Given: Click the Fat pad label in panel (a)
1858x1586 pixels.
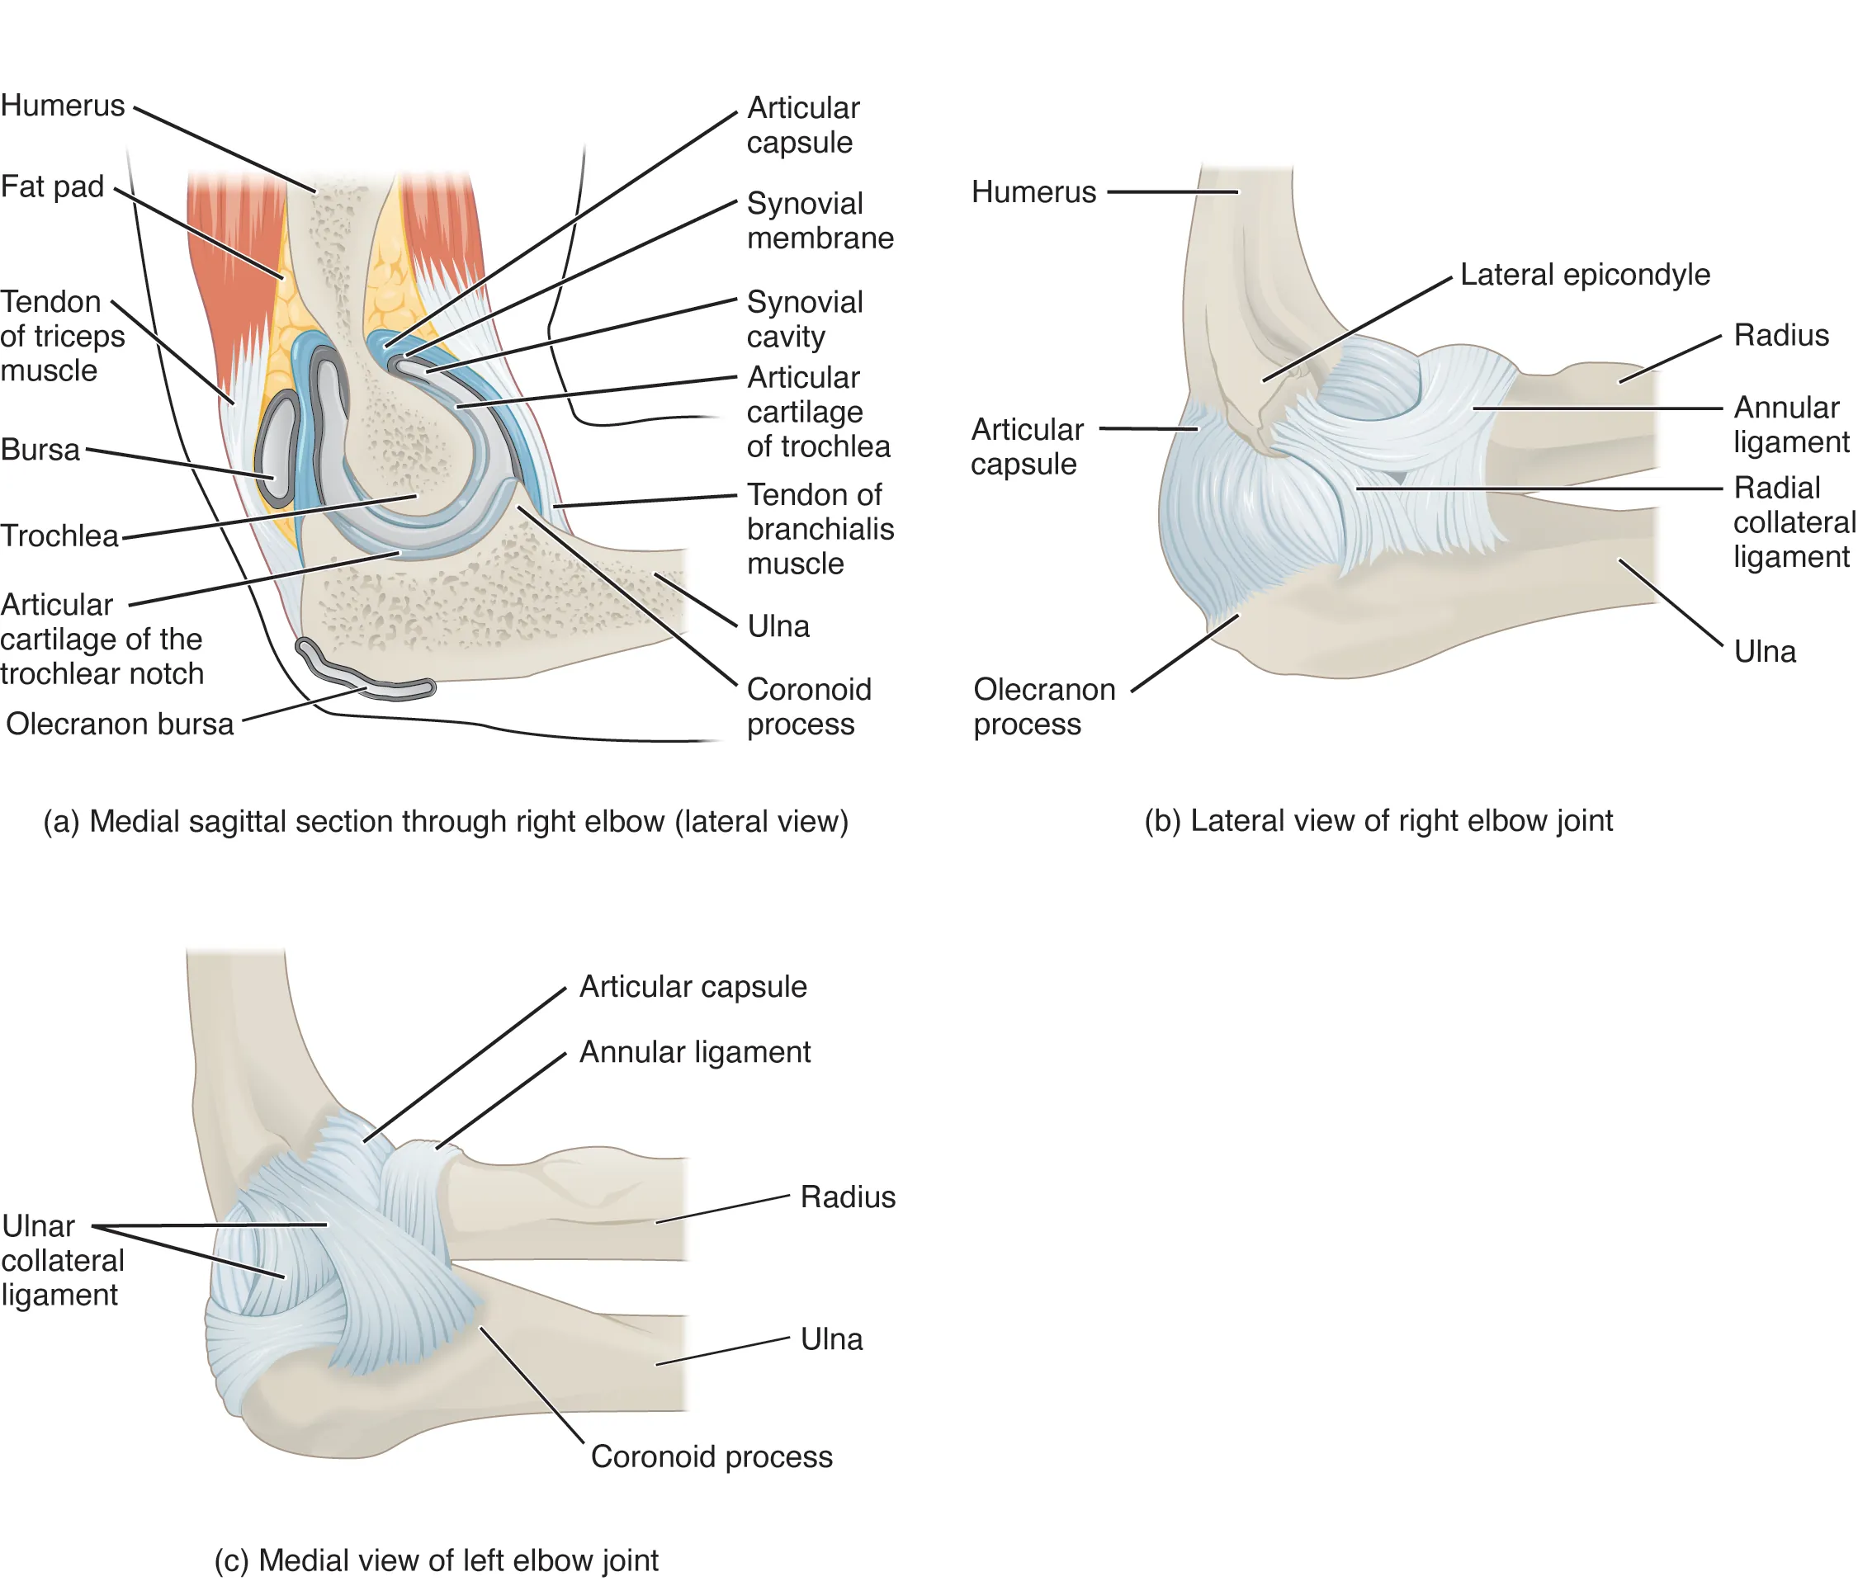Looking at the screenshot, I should coord(52,186).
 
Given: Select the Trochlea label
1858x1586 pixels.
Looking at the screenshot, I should coord(59,536).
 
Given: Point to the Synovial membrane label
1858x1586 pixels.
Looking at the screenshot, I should coord(820,220).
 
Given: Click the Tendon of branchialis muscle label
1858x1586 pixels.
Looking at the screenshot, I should coord(820,529).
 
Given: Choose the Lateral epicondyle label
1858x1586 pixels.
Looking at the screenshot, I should coord(1585,274).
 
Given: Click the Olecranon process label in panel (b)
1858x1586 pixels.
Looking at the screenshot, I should coord(1044,706).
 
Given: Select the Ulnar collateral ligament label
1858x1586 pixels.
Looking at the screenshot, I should coord(62,1260).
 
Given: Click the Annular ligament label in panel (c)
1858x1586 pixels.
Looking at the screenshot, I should coord(694,1051).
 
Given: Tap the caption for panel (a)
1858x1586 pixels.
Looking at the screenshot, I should coord(446,821).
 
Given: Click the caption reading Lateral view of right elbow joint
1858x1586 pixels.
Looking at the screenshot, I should coord(1378,820).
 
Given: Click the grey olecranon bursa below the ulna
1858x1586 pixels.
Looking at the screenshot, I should coord(367,677).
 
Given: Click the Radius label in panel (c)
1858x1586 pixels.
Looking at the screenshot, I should coord(848,1197).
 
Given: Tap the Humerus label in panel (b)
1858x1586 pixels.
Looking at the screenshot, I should coord(1033,192).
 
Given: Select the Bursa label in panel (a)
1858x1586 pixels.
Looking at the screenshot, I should coord(40,449).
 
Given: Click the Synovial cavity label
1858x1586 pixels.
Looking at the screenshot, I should coord(804,319).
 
